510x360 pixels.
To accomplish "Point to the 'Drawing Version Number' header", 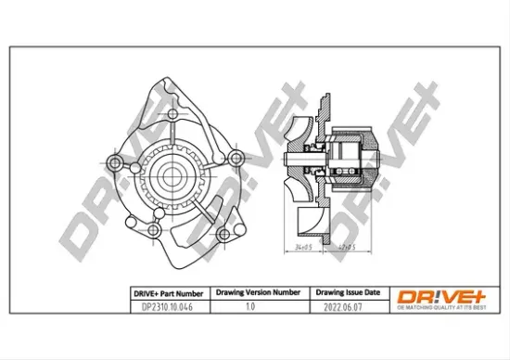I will coord(257,290).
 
